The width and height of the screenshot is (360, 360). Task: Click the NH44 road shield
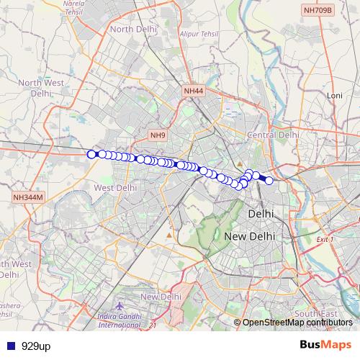194,91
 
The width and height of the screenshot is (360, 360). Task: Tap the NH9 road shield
158,135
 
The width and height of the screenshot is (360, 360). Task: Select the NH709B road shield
318,10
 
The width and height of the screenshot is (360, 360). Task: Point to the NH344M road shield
29,197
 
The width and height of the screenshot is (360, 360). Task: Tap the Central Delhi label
272,135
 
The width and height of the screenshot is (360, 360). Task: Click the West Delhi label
115,187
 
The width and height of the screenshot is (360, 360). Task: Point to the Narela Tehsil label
74,7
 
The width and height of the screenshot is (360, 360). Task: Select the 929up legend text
36,346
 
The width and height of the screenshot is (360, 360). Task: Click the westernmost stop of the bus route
91,154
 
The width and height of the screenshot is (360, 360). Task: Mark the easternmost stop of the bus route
269,181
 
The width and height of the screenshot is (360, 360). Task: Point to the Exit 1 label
325,238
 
